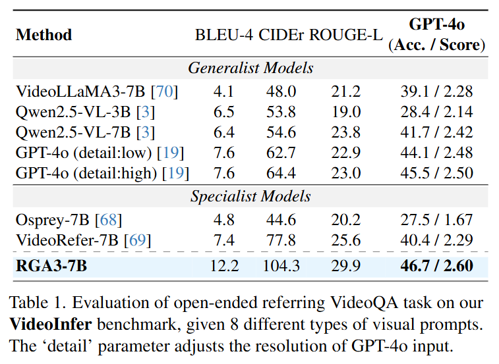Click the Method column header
pyautogui.click(x=44, y=35)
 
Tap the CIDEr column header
pyautogui.click(x=282, y=35)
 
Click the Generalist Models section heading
pyautogui.click(x=250, y=68)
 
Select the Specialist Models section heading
pyautogui.click(x=250, y=197)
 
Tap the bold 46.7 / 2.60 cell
pyautogui.click(x=436, y=265)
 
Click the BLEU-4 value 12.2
pyautogui.click(x=224, y=265)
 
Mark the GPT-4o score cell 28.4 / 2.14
pyautogui.click(x=436, y=112)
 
